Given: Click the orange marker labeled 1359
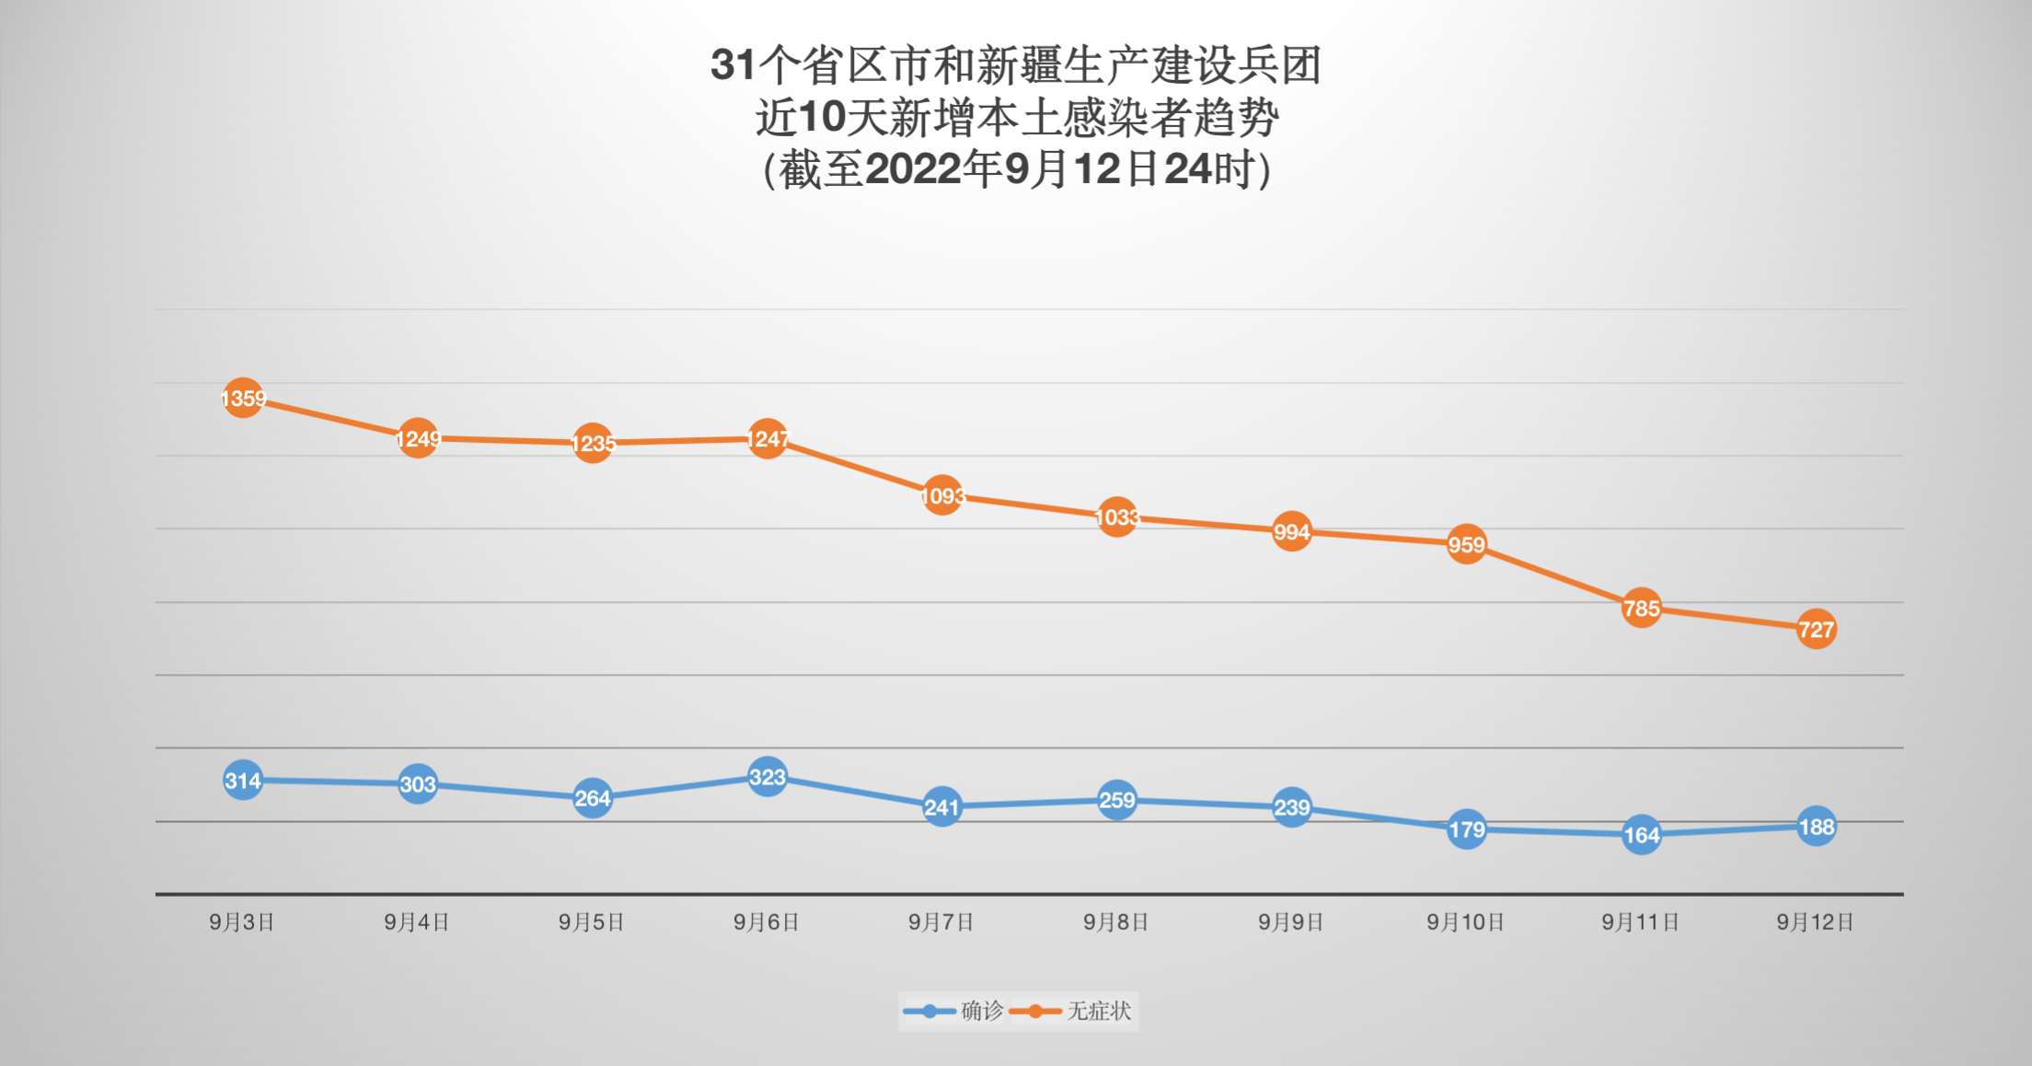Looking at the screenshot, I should coord(243,398).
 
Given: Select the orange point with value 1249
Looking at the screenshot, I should coord(418,438).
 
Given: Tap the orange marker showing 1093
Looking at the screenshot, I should coord(942,496).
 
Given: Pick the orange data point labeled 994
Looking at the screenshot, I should coord(1292,532).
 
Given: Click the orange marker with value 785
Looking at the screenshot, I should coord(1642,608).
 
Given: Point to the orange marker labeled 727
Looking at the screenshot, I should coord(1817,630).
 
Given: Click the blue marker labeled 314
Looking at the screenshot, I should coord(243,781).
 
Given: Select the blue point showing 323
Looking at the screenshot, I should coord(768,778).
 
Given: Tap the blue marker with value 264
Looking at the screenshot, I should coord(593,798).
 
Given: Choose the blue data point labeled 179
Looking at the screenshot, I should coord(1467,829).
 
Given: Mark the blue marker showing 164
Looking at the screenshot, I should coord(1642,835).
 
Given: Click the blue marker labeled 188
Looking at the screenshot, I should coord(1817,827).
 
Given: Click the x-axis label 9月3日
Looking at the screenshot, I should coord(242,922).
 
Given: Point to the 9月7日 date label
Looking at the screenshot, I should coord(941,922).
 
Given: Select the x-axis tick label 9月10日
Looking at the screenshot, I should coord(1466,922).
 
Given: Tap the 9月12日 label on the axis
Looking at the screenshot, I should coord(1816,922).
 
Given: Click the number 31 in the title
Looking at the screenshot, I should coord(733,65).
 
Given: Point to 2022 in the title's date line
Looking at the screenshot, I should coord(913,169).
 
